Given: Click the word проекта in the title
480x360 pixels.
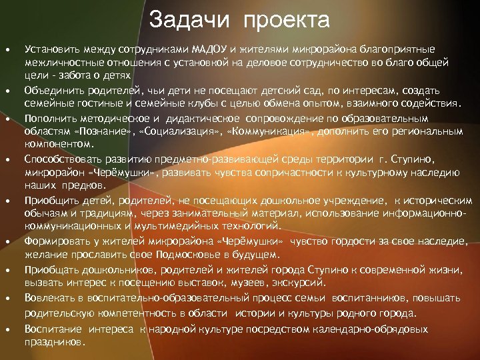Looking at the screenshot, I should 287,20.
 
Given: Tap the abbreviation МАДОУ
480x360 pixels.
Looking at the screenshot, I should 210,49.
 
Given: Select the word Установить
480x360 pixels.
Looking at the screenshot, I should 50,49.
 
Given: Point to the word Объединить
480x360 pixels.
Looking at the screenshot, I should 51,89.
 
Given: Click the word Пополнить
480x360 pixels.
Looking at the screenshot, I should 48,119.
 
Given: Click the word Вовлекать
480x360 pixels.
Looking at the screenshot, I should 47,299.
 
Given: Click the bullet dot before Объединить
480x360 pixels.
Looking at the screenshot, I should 7,89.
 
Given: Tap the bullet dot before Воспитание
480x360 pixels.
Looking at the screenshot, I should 7,329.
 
